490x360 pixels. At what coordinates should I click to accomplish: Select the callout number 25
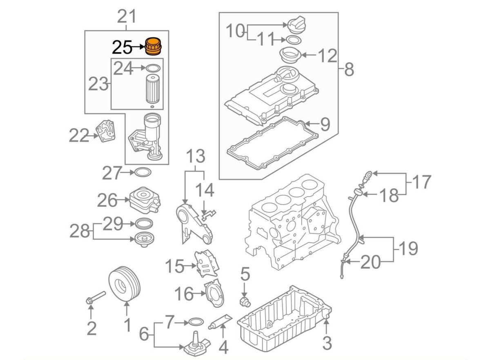tap(122, 48)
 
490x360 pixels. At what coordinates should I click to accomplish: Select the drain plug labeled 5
tap(245, 302)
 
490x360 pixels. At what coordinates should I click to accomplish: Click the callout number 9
tap(325, 124)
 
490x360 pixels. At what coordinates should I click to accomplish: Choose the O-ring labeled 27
tap(143, 173)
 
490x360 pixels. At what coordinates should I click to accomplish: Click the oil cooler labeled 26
tap(144, 200)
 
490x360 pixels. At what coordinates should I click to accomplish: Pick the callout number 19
tap(406, 248)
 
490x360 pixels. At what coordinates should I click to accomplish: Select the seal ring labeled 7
tap(196, 322)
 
